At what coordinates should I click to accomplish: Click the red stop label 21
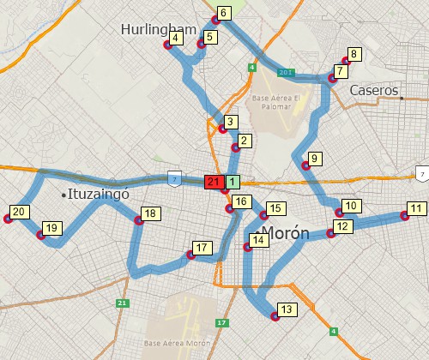(214, 182)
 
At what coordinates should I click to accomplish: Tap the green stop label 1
(233, 182)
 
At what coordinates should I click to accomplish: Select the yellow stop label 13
(287, 309)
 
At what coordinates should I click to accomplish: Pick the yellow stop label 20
(20, 212)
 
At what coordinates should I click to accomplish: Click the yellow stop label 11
(416, 208)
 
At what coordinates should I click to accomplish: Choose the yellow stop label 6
(223, 13)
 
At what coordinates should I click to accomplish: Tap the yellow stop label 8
(353, 54)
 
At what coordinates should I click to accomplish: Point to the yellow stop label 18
(151, 213)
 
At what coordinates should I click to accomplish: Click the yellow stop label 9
(315, 159)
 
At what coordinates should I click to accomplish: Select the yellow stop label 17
(202, 249)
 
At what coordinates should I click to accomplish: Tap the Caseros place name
(374, 90)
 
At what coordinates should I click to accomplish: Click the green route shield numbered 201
(287, 73)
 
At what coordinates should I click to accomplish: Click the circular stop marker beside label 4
(168, 45)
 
